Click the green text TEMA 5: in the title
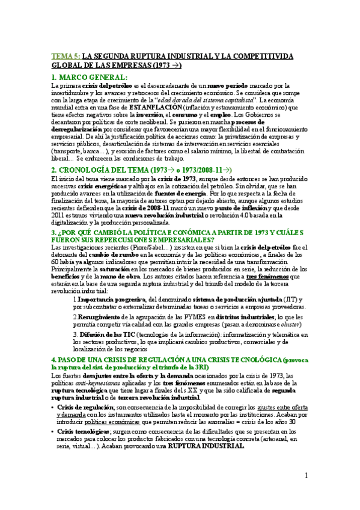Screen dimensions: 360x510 click(65, 56)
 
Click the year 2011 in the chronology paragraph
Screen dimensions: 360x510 click(59, 215)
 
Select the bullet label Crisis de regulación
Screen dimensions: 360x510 click(86, 407)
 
